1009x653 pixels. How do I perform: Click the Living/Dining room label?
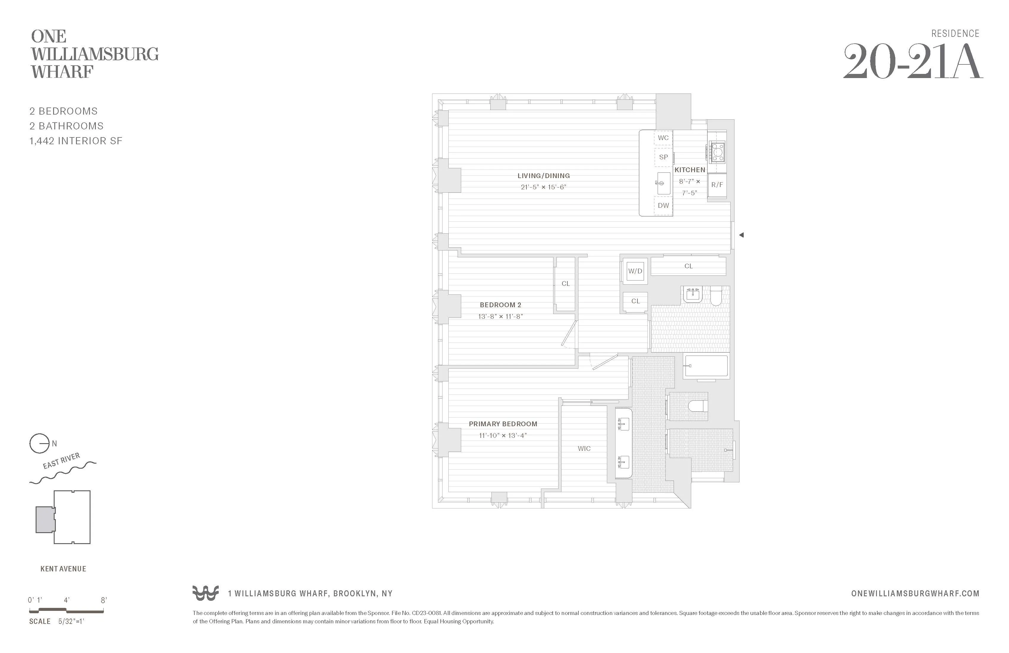[x=543, y=175]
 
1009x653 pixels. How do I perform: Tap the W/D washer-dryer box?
[x=635, y=271]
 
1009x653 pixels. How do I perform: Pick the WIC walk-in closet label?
[x=584, y=448]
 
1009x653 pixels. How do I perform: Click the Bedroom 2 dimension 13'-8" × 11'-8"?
[x=500, y=316]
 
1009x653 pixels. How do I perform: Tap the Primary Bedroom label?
[x=503, y=424]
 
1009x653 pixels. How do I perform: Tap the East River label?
[x=61, y=461]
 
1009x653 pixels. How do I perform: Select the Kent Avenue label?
[x=63, y=569]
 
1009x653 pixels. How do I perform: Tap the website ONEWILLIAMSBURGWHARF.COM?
[x=915, y=594]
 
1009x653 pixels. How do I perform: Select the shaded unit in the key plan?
[x=45, y=519]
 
